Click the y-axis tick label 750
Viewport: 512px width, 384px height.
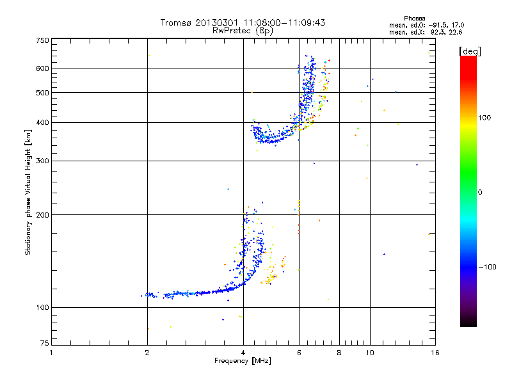click(x=42, y=40)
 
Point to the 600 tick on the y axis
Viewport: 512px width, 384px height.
click(x=42, y=68)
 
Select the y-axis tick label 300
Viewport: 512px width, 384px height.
click(x=42, y=160)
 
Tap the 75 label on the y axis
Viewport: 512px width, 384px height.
click(x=44, y=345)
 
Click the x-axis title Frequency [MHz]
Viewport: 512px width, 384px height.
click(x=243, y=361)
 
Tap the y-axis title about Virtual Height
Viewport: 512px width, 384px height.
click(x=28, y=192)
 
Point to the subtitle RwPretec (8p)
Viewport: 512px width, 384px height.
click(x=243, y=30)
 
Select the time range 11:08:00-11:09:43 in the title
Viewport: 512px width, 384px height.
click(x=282, y=22)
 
